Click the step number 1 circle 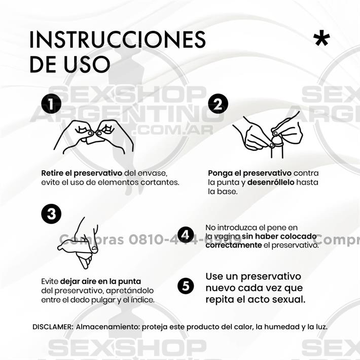pyautogui.click(x=51, y=104)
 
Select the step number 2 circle pyautogui.click(x=218, y=104)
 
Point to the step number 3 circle pyautogui.click(x=51, y=214)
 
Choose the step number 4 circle pyautogui.click(x=186, y=235)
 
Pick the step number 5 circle pyautogui.click(x=186, y=286)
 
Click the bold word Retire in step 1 pyautogui.click(x=53, y=173)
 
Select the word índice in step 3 pyautogui.click(x=143, y=300)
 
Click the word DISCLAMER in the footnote pyautogui.click(x=52, y=327)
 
